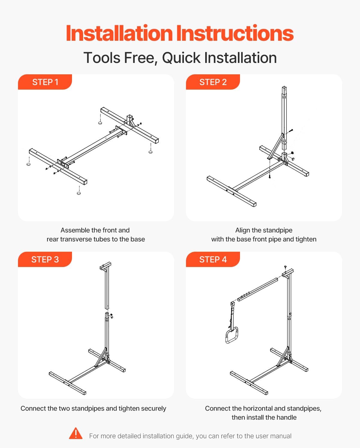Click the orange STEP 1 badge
pos(45,82)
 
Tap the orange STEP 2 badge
pos(213,82)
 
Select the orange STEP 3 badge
pos(45,260)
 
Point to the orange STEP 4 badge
pos(213,260)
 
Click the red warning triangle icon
pos(76,433)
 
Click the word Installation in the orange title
pos(119,33)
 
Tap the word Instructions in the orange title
pos(235,33)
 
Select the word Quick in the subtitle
pos(181,58)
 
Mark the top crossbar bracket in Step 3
pos(106,266)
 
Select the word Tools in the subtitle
pos(102,58)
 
